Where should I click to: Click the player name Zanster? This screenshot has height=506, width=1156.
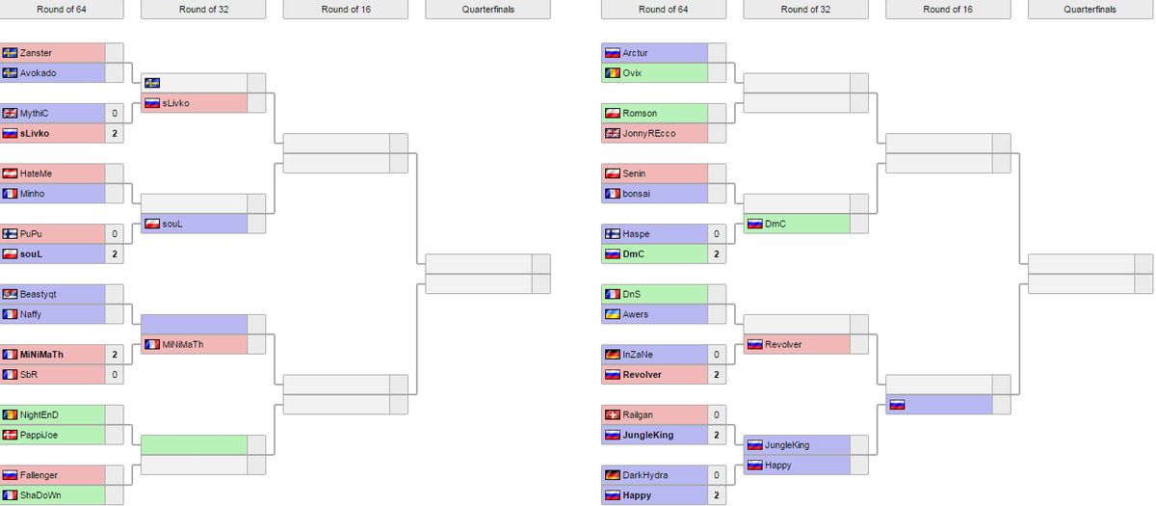(x=36, y=53)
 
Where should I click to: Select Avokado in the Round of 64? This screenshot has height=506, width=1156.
(x=38, y=73)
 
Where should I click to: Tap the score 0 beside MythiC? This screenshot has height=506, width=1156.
(x=115, y=114)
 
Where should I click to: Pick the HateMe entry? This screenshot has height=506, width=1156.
(x=36, y=173)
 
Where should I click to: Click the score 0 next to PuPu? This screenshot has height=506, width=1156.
(x=115, y=234)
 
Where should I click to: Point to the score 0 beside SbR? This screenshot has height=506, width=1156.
(x=115, y=374)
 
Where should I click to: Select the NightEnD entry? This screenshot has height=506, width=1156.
(x=39, y=414)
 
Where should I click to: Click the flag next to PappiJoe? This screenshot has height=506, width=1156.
(x=11, y=435)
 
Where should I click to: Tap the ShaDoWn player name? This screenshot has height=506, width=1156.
(x=40, y=495)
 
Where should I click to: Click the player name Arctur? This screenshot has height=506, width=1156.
(x=635, y=53)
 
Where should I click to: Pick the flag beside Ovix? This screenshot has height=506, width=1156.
(x=612, y=73)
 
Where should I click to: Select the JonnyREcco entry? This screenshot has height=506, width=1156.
(x=648, y=133)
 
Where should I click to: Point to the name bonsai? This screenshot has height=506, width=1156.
(x=637, y=194)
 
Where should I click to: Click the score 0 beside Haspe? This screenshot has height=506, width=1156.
(x=717, y=234)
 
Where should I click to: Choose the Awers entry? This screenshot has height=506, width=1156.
(x=636, y=314)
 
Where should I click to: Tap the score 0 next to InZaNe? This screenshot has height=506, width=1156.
(x=717, y=355)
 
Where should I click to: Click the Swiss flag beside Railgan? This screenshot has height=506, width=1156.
(x=612, y=414)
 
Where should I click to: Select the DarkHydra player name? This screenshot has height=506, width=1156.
(x=644, y=475)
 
